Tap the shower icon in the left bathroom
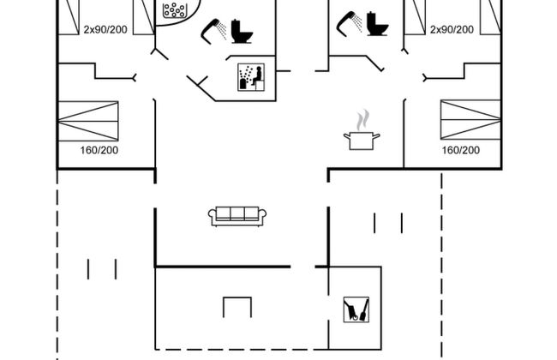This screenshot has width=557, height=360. click(213, 30)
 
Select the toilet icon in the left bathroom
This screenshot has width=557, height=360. click(243, 31)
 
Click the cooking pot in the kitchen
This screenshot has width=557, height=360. click(359, 139)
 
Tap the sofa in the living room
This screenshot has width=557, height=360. click(237, 215)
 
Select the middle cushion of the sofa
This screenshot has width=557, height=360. click(237, 214)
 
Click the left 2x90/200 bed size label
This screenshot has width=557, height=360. click(105, 29)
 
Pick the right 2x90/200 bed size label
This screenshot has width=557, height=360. click(452, 29)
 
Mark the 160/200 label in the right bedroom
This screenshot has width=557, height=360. click(460, 150)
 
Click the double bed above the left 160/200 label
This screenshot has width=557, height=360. click(88, 121)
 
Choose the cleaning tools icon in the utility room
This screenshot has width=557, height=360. click(355, 309)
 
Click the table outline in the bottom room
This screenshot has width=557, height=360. click(237, 307)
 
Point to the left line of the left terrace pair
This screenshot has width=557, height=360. click(88, 268)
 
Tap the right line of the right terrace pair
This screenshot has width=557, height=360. click(401, 223)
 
